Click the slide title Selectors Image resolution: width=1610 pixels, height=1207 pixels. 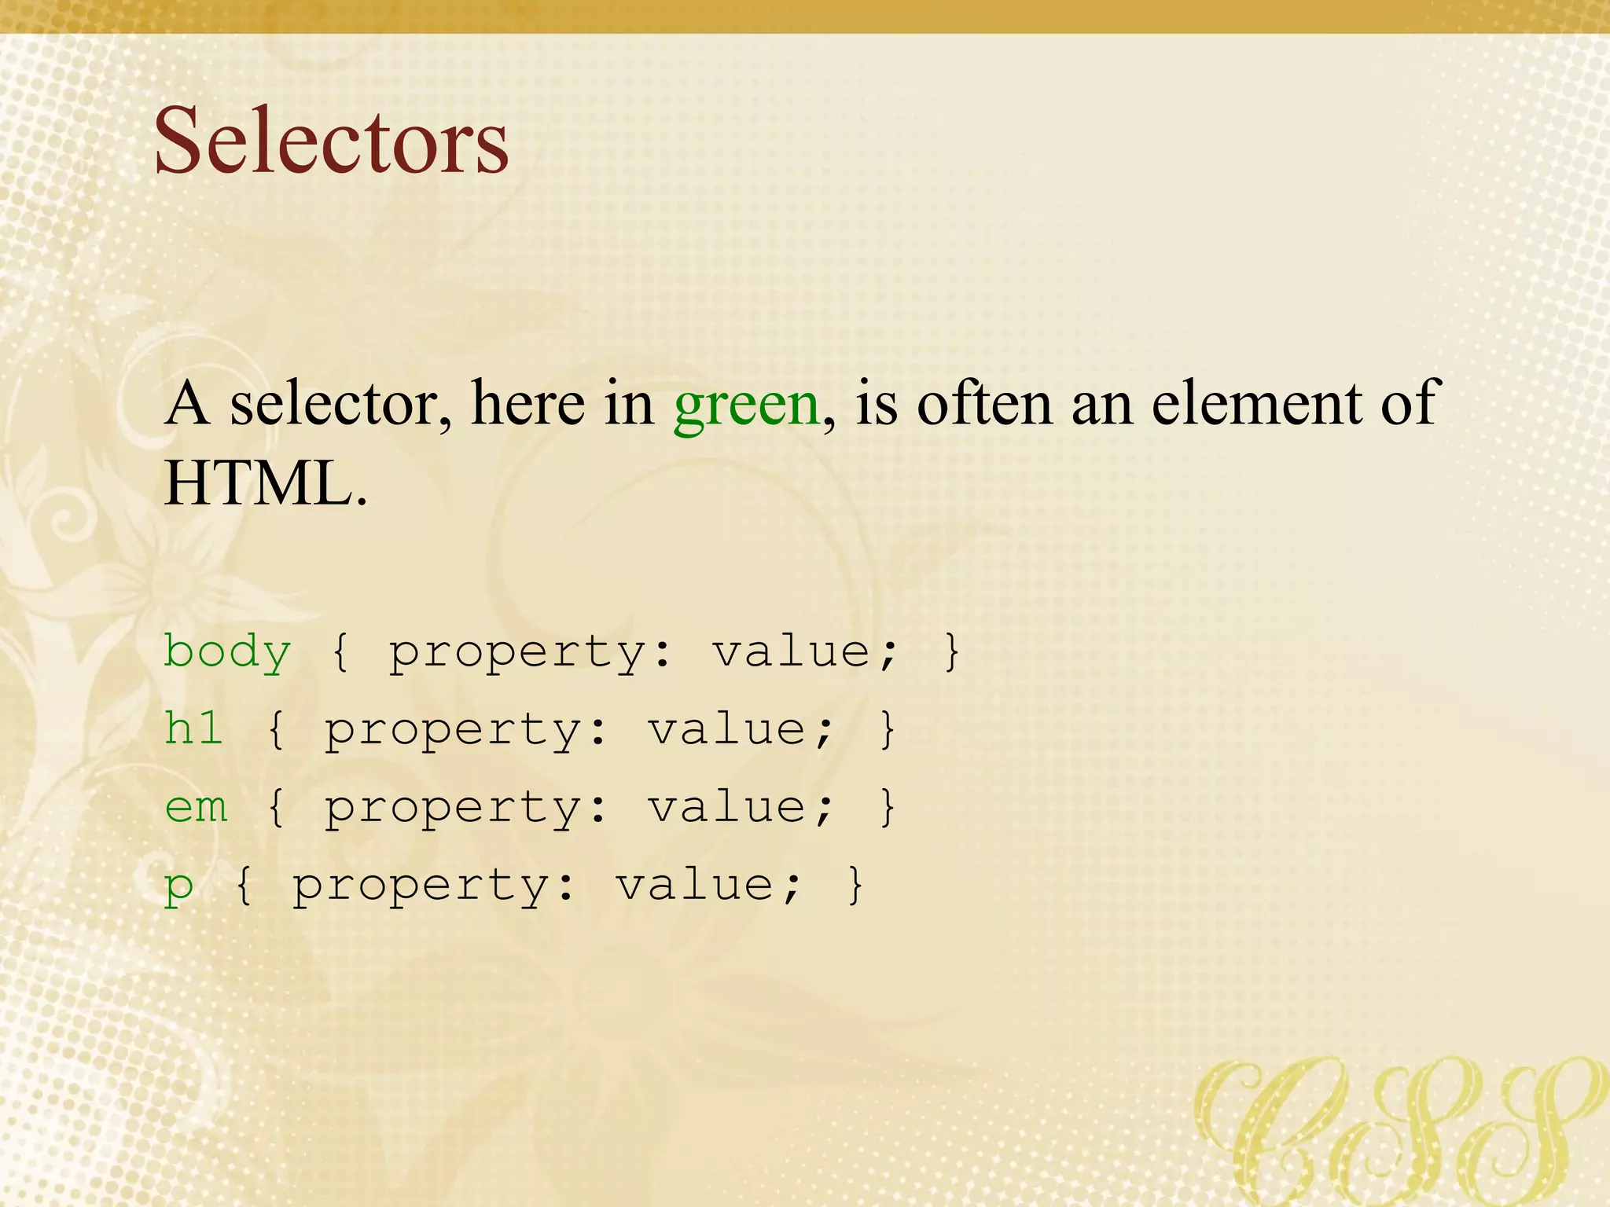click(x=331, y=141)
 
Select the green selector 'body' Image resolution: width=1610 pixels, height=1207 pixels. click(x=227, y=652)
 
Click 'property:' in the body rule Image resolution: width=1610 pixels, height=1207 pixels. click(x=531, y=652)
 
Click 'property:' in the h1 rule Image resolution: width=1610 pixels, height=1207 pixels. click(x=466, y=730)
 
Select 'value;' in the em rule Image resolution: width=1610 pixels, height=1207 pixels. click(x=740, y=807)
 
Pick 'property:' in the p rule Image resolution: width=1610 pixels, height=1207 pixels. click(x=434, y=886)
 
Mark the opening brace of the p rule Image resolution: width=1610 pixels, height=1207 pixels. click(x=244, y=885)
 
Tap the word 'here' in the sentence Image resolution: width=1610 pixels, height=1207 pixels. click(x=527, y=403)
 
